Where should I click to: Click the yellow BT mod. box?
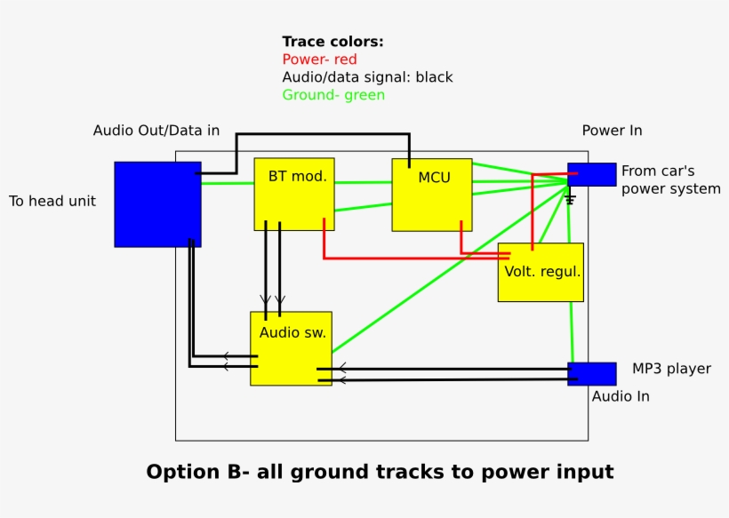(x=294, y=194)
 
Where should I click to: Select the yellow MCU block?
(x=432, y=195)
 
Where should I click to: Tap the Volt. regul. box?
(x=541, y=272)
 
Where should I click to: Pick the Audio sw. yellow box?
(x=291, y=348)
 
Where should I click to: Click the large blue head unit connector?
(x=157, y=204)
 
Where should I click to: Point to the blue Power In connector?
(x=592, y=174)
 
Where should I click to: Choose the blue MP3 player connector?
(x=592, y=373)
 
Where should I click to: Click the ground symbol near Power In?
(x=571, y=199)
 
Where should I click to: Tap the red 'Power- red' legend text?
(x=319, y=60)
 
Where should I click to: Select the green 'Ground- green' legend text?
(x=333, y=95)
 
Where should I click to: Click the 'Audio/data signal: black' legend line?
(x=367, y=77)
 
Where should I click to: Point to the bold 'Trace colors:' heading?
(x=332, y=42)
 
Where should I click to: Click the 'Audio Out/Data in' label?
(x=156, y=131)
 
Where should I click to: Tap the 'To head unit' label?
(x=52, y=201)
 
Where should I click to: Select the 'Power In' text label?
(x=612, y=131)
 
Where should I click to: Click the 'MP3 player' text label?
(x=671, y=369)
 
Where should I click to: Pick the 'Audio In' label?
(x=621, y=396)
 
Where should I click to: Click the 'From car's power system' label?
(x=670, y=179)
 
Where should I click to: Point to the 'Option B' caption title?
(x=380, y=472)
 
